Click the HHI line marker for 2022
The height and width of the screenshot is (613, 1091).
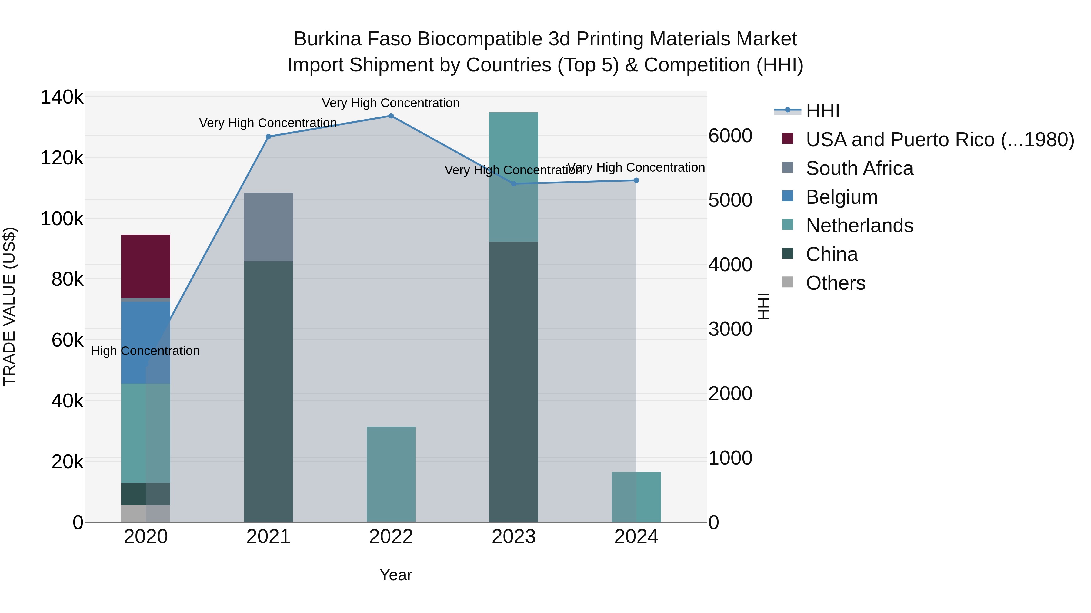pyautogui.click(x=391, y=116)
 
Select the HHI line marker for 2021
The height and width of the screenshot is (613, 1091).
pyautogui.click(x=268, y=137)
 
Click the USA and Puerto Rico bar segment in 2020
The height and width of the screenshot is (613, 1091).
pyautogui.click(x=146, y=266)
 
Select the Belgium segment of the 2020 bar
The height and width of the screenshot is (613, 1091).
pyautogui.click(x=146, y=342)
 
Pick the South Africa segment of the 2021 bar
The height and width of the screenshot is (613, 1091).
pyautogui.click(x=268, y=227)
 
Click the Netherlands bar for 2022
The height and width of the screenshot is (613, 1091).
pyautogui.click(x=391, y=474)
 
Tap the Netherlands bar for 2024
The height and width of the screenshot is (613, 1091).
pyautogui.click(x=636, y=497)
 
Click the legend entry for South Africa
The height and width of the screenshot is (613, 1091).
pyautogui.click(x=859, y=168)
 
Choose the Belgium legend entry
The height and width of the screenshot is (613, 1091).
pyautogui.click(x=842, y=197)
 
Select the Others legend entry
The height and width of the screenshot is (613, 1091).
pyautogui.click(x=835, y=283)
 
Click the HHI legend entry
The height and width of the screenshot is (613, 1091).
pyautogui.click(x=822, y=111)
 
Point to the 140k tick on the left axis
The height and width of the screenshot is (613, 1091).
pyautogui.click(x=62, y=97)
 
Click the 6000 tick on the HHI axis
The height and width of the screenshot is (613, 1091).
pyautogui.click(x=730, y=136)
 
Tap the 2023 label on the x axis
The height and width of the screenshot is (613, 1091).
pyautogui.click(x=513, y=537)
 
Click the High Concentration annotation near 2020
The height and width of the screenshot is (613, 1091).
pyautogui.click(x=145, y=351)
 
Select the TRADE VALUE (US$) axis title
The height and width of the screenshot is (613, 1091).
pyautogui.click(x=9, y=306)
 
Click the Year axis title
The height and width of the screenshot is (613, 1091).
pyautogui.click(x=395, y=575)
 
